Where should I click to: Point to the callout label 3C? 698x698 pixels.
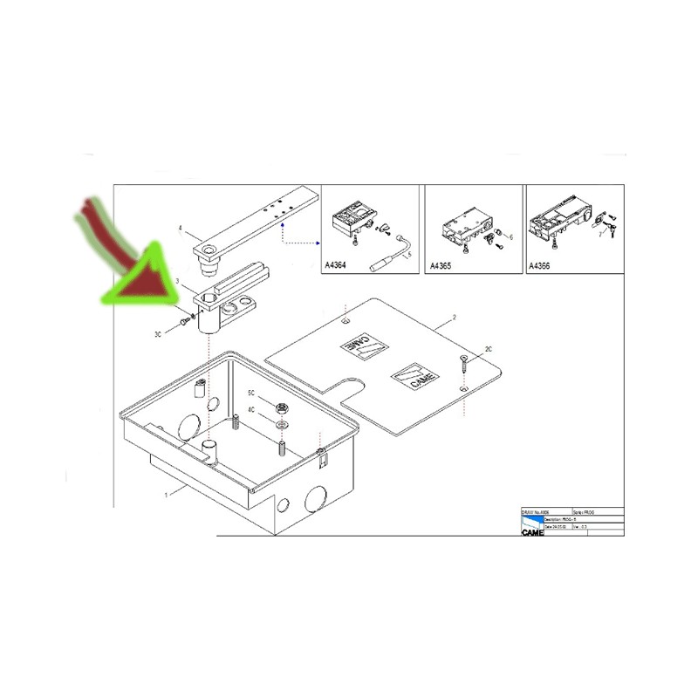pyautogui.click(x=160, y=333)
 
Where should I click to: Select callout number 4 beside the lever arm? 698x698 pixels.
pyautogui.click(x=180, y=229)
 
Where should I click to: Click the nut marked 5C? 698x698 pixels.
pyautogui.click(x=281, y=407)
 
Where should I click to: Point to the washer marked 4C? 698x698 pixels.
pyautogui.click(x=281, y=423)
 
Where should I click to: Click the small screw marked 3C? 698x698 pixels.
pyautogui.click(x=183, y=321)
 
